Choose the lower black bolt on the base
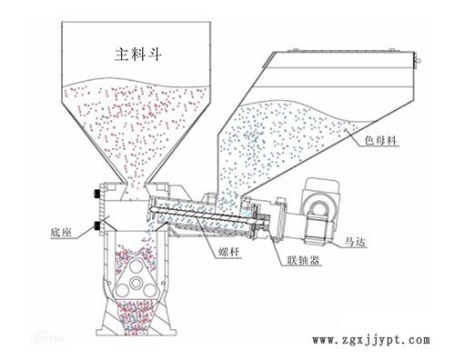coord(96,224)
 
